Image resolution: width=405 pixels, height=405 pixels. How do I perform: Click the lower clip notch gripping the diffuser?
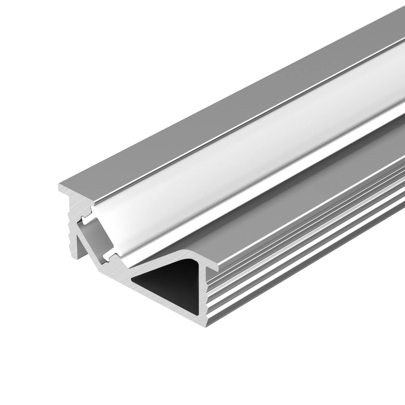[x=109, y=256]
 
